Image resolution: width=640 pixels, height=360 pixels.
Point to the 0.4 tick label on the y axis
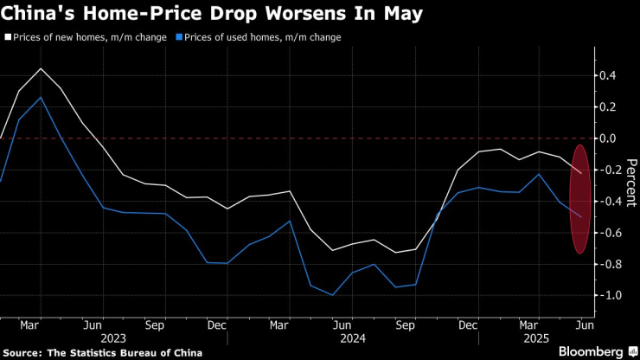pyautogui.click(x=608, y=76)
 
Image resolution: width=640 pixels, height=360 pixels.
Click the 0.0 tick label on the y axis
pyautogui.click(x=608, y=138)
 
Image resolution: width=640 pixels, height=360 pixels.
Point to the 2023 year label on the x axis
pyautogui.click(x=112, y=338)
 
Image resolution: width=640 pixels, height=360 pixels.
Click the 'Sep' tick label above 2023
pyautogui.click(x=155, y=325)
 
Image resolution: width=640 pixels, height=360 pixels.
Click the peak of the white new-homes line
pyautogui.click(x=41, y=68)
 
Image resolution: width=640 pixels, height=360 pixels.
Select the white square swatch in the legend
pyautogui.click(x=7, y=38)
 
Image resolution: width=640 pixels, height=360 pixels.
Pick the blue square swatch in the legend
pyautogui.click(x=178, y=38)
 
